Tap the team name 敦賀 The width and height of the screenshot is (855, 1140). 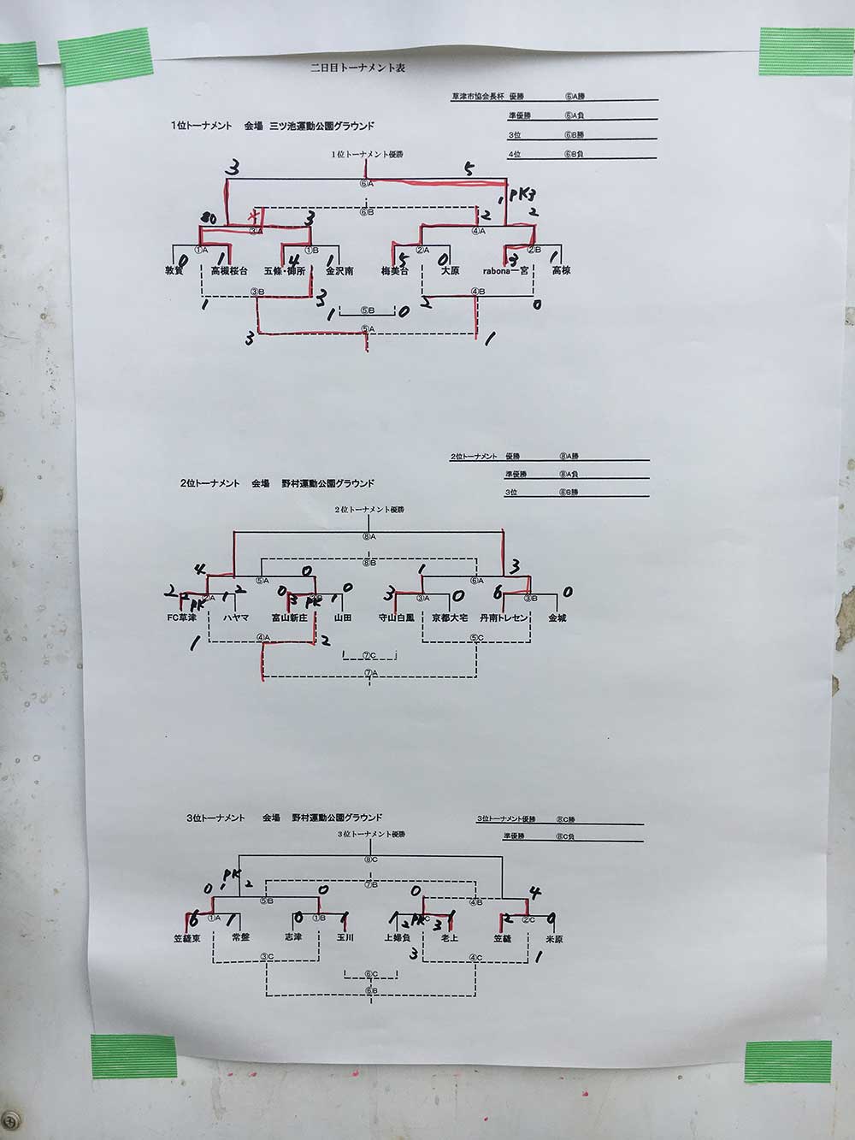click(174, 271)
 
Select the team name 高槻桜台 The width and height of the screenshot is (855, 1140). click(228, 271)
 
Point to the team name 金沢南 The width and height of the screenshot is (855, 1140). click(339, 271)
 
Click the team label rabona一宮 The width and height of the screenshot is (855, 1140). click(508, 271)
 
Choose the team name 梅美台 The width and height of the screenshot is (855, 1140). click(394, 271)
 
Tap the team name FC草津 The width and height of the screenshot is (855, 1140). click(182, 617)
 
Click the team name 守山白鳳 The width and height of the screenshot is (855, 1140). click(396, 617)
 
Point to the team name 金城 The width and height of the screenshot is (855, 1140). click(557, 617)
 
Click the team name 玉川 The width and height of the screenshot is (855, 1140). click(345, 938)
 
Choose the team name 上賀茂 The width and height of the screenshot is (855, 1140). click(398, 938)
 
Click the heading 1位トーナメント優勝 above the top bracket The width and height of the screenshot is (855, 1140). click(368, 154)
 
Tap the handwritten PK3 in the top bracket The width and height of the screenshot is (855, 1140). click(521, 194)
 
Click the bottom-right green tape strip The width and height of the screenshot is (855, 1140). click(787, 1062)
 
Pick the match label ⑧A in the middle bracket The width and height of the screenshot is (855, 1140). click(369, 537)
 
